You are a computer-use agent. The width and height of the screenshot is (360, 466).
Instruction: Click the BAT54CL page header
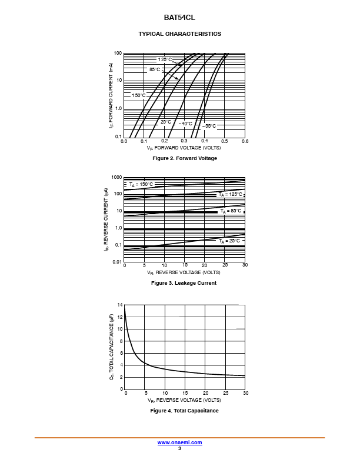(179, 18)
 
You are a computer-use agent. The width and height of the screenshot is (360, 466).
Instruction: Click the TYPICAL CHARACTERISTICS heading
(179, 34)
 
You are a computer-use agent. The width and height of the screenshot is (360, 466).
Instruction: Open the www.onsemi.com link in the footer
(179, 442)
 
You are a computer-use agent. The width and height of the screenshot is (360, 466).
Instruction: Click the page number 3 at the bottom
(179, 448)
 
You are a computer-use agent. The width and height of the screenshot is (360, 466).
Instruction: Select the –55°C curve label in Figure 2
(209, 126)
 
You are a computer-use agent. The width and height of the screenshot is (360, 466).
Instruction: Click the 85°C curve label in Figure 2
(154, 69)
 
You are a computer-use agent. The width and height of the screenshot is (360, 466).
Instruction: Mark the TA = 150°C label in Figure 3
(141, 184)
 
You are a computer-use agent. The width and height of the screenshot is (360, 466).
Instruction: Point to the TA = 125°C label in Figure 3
(230, 194)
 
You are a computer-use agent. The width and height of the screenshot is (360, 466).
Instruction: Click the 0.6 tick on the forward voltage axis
(245, 142)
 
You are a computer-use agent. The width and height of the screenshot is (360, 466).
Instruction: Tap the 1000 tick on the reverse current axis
(116, 177)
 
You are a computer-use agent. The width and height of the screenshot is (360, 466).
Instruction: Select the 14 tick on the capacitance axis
(119, 305)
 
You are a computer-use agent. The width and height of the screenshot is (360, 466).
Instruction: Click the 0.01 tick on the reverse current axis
(117, 261)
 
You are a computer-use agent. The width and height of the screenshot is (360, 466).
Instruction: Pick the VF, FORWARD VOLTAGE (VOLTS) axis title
(184, 148)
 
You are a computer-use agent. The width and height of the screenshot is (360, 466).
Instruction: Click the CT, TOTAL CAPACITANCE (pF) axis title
(112, 347)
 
